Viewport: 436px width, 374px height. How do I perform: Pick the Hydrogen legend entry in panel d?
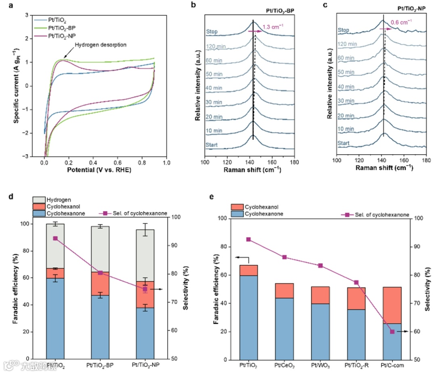click(59, 199)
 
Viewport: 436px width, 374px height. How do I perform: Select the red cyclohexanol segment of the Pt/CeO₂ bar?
click(284, 291)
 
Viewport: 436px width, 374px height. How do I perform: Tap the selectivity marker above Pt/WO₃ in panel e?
click(321, 266)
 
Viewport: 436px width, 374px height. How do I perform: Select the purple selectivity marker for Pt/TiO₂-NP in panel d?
click(145, 289)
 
